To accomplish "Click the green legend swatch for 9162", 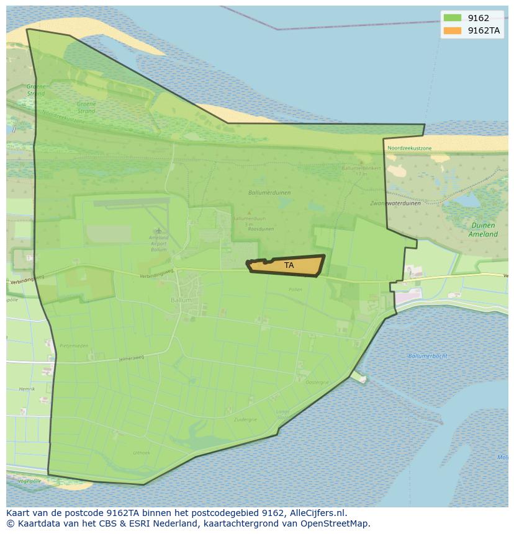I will click(453, 17).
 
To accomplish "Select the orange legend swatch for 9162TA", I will click(453, 30).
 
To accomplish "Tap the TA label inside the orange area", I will click(289, 265).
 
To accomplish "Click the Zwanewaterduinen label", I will click(395, 203).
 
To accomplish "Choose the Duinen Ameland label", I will click(483, 230).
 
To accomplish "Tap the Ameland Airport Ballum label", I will click(159, 243).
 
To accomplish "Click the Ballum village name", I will click(181, 300).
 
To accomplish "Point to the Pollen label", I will click(295, 290).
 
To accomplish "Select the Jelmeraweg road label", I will click(132, 358).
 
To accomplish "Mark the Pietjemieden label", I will click(74, 345).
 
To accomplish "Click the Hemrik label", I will click(27, 389).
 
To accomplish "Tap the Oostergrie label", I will click(317, 383).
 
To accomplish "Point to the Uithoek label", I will click(142, 453).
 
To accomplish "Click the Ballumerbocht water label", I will click(428, 356).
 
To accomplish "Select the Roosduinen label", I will click(261, 229).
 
